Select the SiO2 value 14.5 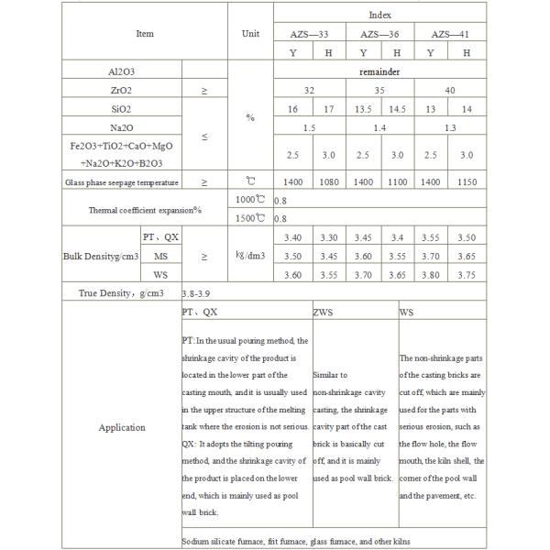pyautogui.click(x=397, y=108)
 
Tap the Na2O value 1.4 pyautogui.click(x=379, y=127)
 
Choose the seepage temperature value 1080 pyautogui.click(x=332, y=182)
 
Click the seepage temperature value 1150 pyautogui.click(x=466, y=182)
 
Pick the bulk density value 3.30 pyautogui.click(x=332, y=237)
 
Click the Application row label pyautogui.click(x=122, y=427)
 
